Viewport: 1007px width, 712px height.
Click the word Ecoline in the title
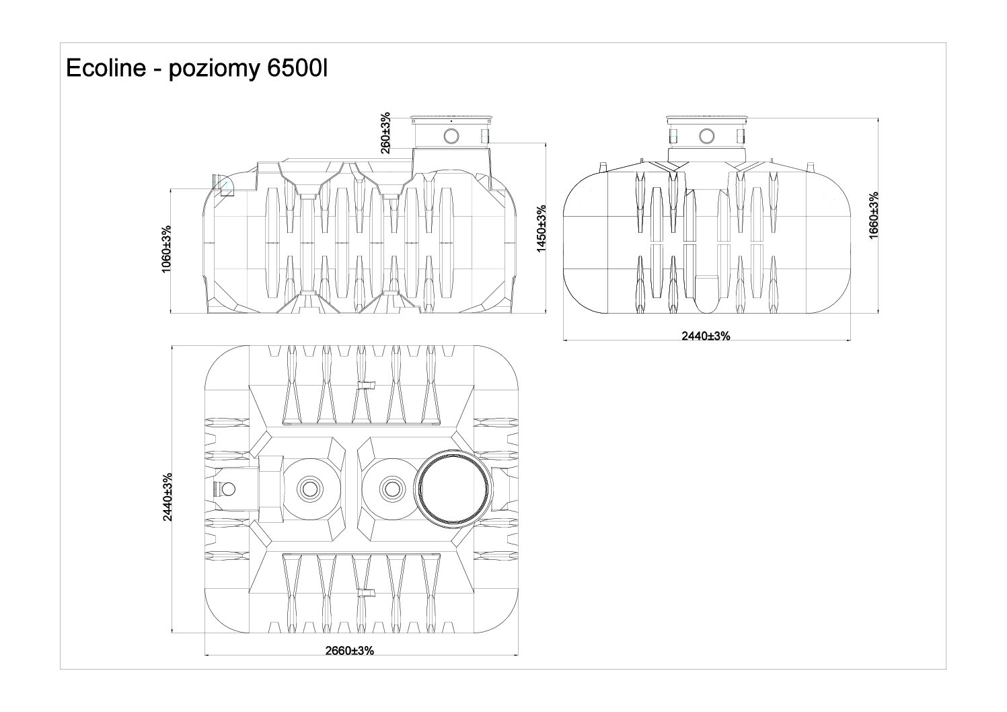tap(101, 69)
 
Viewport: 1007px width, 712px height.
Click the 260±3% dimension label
tap(385, 133)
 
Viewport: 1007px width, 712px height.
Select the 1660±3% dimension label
tap(873, 215)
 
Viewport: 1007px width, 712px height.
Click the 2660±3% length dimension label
tap(349, 651)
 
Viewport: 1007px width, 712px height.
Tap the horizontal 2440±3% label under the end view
tap(706, 336)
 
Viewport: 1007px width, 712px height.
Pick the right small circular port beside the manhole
tap(391, 487)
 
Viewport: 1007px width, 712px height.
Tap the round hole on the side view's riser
tap(451, 136)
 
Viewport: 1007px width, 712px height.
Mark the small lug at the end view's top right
tap(810, 166)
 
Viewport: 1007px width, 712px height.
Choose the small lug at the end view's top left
tap(603, 166)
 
